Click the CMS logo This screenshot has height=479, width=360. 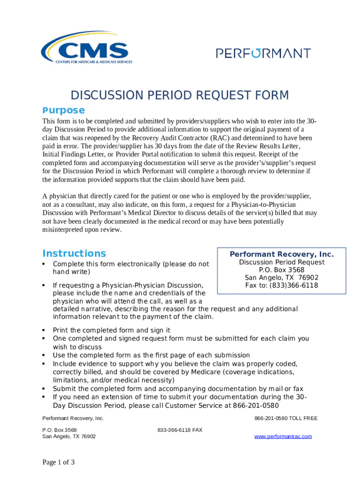87,49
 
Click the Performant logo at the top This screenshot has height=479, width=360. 263,53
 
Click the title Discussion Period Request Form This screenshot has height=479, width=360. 180,95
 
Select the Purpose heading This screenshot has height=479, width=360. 64,110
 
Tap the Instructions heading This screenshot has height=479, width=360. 74,254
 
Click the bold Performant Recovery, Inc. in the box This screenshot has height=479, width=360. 281,254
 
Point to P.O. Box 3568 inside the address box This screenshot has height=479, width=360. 281,270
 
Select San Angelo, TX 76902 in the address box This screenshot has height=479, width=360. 281,277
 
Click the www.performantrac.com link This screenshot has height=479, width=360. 283,436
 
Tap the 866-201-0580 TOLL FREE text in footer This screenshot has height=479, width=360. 286,418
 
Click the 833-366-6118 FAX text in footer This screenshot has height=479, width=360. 180,430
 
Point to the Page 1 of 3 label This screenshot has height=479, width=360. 59,463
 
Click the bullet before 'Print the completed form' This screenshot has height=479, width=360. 43,330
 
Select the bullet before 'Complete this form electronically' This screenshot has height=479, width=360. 43,264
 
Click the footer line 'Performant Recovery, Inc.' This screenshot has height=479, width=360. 73,418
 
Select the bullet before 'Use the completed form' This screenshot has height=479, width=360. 43,356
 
